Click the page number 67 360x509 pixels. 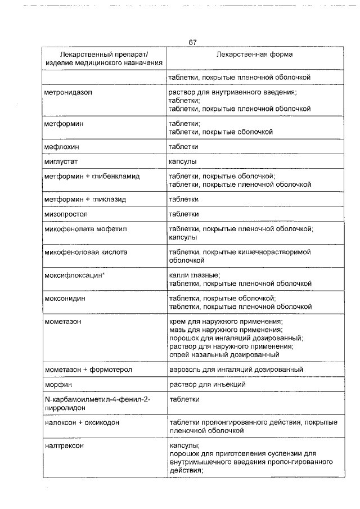point(192,42)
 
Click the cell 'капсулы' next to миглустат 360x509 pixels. point(183,162)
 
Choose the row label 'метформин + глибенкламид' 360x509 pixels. point(92,177)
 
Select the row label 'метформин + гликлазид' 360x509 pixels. point(85,199)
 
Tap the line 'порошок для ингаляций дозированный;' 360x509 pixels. point(236,338)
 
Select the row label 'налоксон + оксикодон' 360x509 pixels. point(82,422)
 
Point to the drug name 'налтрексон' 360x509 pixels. point(64,445)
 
